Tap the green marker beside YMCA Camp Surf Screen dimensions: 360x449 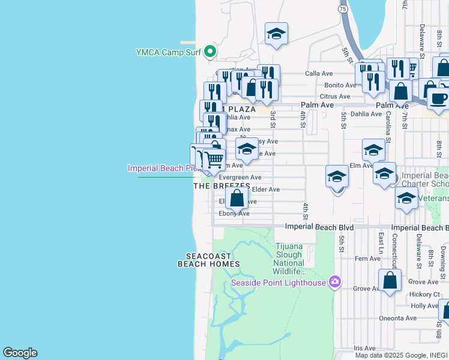click(x=210, y=51)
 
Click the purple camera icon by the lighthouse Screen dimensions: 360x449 click(x=335, y=282)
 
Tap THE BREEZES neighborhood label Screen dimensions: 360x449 click(x=221, y=186)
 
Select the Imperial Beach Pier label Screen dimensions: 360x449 click(x=162, y=168)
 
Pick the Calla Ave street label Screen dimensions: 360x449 click(x=319, y=73)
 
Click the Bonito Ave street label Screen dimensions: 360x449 click(x=337, y=85)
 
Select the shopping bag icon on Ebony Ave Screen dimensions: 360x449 click(x=237, y=198)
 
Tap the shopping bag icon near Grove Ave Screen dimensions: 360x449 click(x=390, y=280)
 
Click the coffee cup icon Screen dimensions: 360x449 click(x=439, y=98)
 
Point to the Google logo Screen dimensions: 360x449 click(x=20, y=353)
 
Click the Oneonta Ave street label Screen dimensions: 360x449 click(x=397, y=318)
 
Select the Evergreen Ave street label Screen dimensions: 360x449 click(x=240, y=178)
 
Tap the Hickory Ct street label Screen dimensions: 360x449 click(x=425, y=294)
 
